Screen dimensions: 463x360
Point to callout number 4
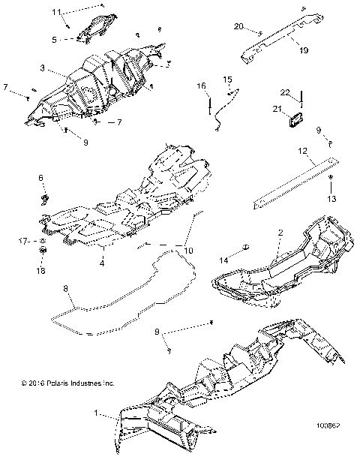click(101, 263)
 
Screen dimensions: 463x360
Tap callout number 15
click(227, 79)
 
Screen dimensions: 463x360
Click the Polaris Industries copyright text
click(67, 383)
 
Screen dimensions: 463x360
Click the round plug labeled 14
click(244, 248)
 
